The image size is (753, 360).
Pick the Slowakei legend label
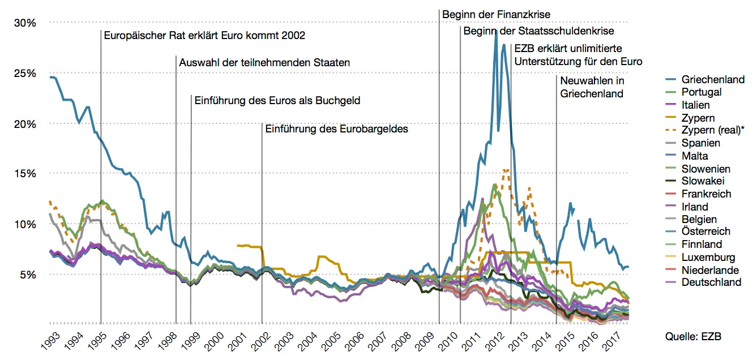[703, 181]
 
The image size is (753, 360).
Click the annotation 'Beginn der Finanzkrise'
[496, 14]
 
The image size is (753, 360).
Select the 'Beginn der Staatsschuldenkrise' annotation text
[538, 31]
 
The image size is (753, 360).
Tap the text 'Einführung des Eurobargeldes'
[337, 129]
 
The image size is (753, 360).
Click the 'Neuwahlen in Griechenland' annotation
[592, 87]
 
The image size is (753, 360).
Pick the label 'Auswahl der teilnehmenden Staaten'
[264, 63]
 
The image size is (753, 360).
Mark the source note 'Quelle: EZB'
[694, 337]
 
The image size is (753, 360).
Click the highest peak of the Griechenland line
[495, 32]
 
